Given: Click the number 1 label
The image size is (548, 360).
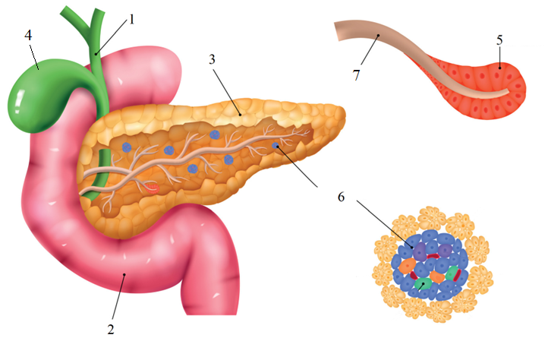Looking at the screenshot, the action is (132, 20).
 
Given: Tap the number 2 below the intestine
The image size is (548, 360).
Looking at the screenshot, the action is (111, 329).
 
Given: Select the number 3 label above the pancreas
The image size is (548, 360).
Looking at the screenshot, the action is (212, 60).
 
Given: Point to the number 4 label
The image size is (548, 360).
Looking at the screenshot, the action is (28, 35).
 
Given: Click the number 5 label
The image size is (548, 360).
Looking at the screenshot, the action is (499, 40).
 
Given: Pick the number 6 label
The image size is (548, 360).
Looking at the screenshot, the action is (341, 197).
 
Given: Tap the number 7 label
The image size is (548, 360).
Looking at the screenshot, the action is (356, 75).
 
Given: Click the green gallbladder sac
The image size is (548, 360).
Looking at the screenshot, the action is (35, 94).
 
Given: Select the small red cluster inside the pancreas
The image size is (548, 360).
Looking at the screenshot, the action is (153, 188).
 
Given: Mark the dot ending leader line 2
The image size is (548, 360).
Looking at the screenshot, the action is (124, 275).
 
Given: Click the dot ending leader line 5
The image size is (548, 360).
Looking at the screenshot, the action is (500, 68).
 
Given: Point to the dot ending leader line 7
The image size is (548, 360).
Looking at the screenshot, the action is (378, 36).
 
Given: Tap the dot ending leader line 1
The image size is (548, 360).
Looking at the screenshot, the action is (96, 54).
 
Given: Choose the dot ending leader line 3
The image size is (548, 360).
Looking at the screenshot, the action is (240, 114).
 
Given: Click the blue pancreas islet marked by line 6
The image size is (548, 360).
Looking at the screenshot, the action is (276, 146).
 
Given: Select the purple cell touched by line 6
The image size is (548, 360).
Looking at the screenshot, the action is (420, 251).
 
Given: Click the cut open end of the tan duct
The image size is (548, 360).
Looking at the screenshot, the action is (338, 31).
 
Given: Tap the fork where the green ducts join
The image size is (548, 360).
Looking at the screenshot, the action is (92, 29).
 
